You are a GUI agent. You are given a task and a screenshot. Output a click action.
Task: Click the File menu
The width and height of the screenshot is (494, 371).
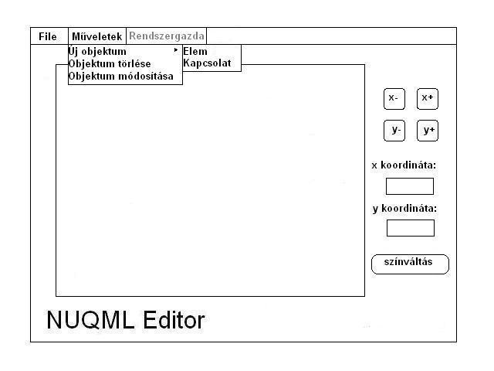[48, 36]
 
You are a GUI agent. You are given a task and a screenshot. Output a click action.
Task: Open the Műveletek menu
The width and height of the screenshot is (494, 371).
[97, 36]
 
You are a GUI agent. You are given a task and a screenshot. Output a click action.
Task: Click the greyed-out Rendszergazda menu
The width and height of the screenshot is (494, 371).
[167, 36]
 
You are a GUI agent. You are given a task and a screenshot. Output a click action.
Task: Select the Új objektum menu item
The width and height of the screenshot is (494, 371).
[97, 51]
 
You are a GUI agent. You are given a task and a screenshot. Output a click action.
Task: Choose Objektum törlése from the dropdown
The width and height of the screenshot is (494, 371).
[110, 63]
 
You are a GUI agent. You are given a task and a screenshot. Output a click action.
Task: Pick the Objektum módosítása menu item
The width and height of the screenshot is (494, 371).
[120, 76]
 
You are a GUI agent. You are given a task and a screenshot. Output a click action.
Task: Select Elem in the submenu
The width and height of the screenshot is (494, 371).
[195, 52]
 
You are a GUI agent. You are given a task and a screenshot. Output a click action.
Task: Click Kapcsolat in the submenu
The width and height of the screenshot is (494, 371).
[206, 63]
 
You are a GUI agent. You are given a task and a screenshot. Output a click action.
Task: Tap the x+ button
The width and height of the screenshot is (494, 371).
[427, 98]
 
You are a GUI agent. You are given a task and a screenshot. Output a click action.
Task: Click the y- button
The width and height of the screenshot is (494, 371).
[394, 130]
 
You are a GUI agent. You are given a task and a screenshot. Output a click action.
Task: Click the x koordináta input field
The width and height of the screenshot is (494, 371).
[410, 186]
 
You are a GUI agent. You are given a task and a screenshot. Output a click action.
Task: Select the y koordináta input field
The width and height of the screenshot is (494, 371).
[410, 228]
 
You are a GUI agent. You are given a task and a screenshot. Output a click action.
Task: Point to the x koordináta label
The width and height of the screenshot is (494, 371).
[404, 165]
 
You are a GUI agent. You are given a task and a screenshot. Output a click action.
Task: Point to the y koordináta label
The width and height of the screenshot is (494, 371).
[404, 208]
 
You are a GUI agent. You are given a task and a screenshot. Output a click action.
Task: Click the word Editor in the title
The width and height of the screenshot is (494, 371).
[174, 320]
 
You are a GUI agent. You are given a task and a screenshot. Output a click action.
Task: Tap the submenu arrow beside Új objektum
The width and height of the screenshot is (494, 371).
[176, 50]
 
